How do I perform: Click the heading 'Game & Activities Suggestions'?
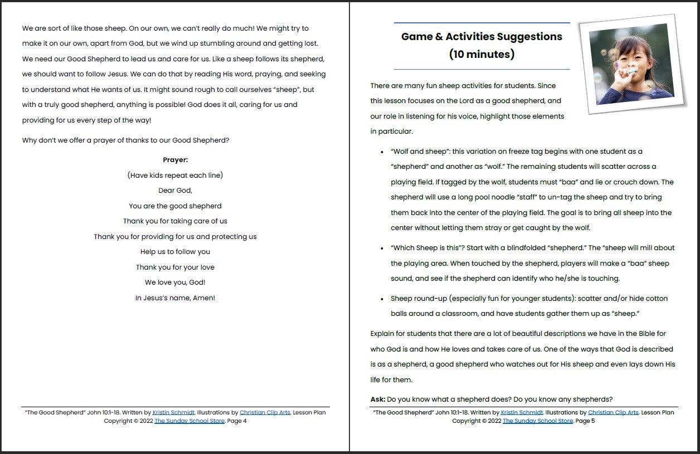click(x=482, y=37)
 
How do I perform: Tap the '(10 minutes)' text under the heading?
click(x=482, y=55)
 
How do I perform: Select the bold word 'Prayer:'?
click(x=175, y=160)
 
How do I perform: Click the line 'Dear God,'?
click(x=175, y=191)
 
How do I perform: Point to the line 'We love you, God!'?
click(x=175, y=282)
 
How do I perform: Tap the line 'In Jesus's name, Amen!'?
click(x=175, y=298)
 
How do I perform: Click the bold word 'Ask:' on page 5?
click(x=377, y=399)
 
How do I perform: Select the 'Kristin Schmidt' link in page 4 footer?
click(x=173, y=413)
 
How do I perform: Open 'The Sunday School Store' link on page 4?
click(x=189, y=421)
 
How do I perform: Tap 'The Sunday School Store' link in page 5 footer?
click(x=538, y=421)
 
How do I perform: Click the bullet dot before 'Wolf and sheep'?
click(x=382, y=152)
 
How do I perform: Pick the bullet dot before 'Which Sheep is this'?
click(x=382, y=248)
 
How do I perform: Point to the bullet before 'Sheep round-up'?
click(x=382, y=299)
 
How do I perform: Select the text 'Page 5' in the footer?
click(x=585, y=421)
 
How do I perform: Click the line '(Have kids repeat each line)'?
click(x=175, y=175)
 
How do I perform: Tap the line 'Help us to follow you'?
click(x=175, y=252)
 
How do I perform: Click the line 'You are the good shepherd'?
click(x=175, y=206)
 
